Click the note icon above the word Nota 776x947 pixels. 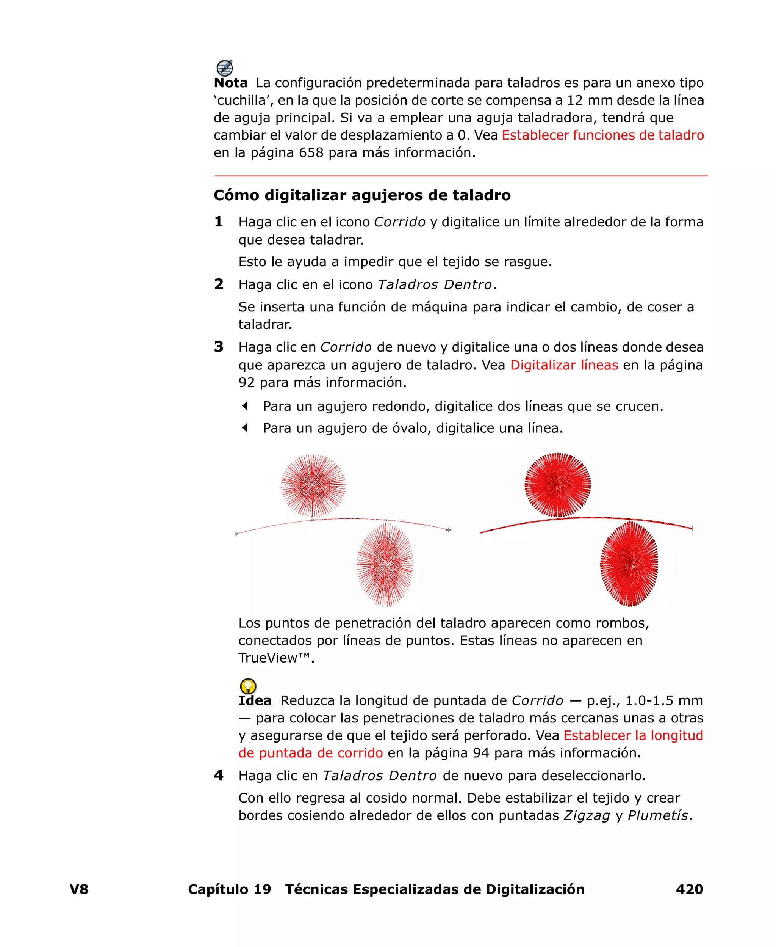(x=224, y=68)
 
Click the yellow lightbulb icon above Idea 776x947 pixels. (x=248, y=686)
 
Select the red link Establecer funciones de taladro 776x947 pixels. (x=602, y=135)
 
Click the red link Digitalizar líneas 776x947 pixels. (x=564, y=365)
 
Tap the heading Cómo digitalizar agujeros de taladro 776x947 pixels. (x=362, y=195)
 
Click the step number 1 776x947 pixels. (x=219, y=221)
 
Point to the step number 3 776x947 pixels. (x=219, y=347)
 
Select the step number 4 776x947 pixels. (x=219, y=775)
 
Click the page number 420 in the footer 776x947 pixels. (x=689, y=889)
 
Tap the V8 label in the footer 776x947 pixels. (x=79, y=889)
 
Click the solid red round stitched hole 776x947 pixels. (x=557, y=485)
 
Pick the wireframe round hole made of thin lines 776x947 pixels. (x=313, y=485)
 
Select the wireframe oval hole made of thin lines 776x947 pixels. (x=385, y=565)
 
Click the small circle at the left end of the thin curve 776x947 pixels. (x=236, y=534)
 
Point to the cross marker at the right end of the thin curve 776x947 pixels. (x=448, y=530)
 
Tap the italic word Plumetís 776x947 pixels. (x=657, y=815)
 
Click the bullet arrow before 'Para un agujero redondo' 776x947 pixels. (x=244, y=406)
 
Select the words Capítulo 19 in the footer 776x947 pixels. (x=229, y=889)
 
